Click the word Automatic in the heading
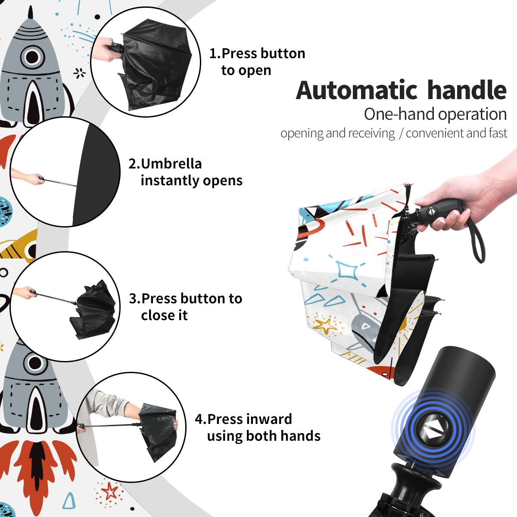(356, 90)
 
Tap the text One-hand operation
(435, 114)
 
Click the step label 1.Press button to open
(257, 62)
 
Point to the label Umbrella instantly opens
(185, 172)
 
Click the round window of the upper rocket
(32, 56)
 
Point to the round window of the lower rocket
(35, 363)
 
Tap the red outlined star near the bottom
(109, 491)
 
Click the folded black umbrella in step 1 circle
(155, 64)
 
